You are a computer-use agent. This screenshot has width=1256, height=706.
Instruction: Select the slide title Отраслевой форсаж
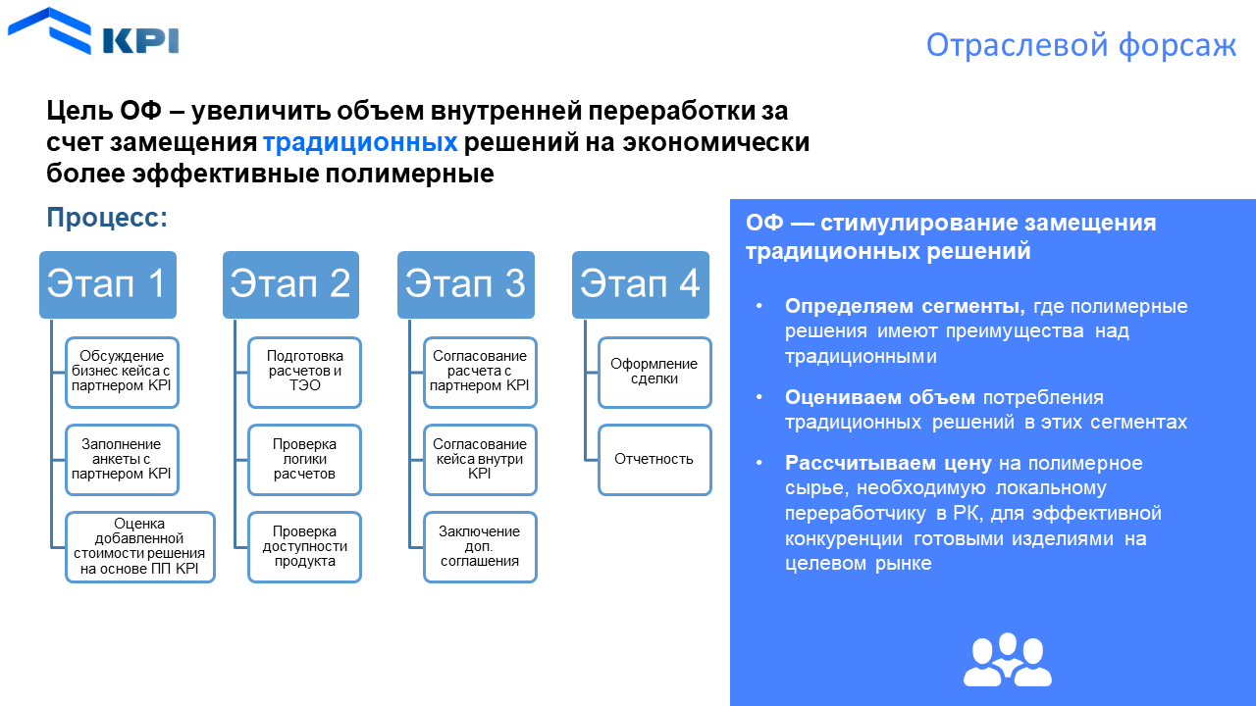pyautogui.click(x=1081, y=45)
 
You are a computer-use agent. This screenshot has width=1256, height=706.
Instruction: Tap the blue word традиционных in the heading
pyautogui.click(x=360, y=142)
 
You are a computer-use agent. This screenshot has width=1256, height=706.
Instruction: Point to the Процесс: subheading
pyautogui.click(x=107, y=218)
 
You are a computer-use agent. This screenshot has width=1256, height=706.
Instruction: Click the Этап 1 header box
pyautogui.click(x=108, y=284)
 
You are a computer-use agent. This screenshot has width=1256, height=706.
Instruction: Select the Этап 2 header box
pyautogui.click(x=290, y=284)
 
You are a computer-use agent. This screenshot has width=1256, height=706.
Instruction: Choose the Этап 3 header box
pyautogui.click(x=465, y=284)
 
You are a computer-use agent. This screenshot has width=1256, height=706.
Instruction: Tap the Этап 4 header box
pyautogui.click(x=640, y=284)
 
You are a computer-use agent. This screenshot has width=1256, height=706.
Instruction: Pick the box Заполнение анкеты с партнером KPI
pyautogui.click(x=122, y=459)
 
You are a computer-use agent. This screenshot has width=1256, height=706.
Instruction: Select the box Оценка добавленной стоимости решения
pyautogui.click(x=139, y=547)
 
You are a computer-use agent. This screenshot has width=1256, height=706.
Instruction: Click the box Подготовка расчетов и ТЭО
pyautogui.click(x=304, y=372)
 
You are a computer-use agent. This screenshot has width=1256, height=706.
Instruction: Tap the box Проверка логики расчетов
pyautogui.click(x=304, y=459)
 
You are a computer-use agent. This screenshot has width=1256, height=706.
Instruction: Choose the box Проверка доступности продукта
pyautogui.click(x=304, y=547)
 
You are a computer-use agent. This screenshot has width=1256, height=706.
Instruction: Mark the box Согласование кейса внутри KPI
pyautogui.click(x=480, y=459)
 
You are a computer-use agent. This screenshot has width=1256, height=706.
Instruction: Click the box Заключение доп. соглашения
pyautogui.click(x=480, y=547)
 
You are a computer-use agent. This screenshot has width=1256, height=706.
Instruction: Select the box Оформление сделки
pyautogui.click(x=654, y=372)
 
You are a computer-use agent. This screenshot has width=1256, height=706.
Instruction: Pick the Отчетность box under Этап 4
pyautogui.click(x=654, y=459)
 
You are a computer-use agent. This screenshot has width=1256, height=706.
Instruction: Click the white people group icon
pyautogui.click(x=1007, y=660)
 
